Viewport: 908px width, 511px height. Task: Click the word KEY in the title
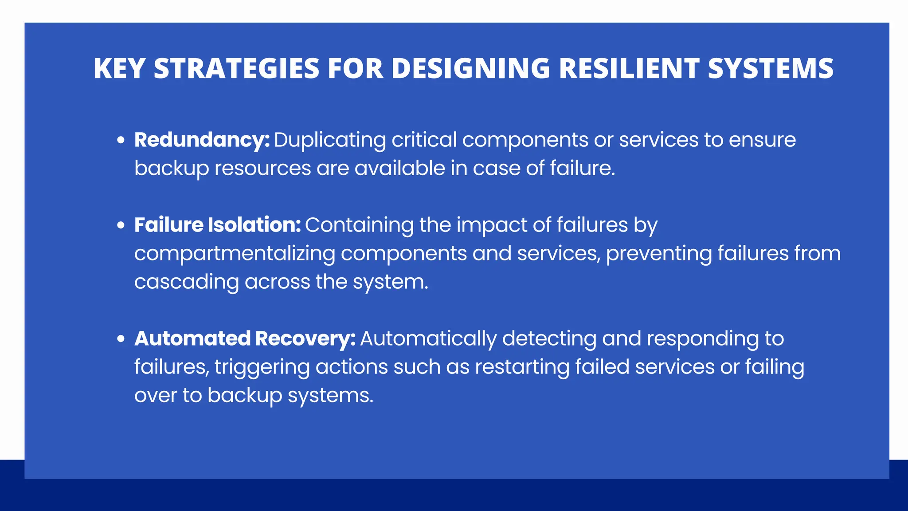coord(119,69)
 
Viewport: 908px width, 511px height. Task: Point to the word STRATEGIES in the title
coord(236,69)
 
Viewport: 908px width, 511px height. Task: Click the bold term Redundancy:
coord(202,140)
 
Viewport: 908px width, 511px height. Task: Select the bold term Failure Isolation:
coord(217,225)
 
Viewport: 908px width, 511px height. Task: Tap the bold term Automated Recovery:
coord(245,339)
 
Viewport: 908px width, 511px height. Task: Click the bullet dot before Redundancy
coord(121,141)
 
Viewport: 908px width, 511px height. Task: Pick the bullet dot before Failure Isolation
coord(121,226)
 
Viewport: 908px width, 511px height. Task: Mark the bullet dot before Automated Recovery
coord(121,339)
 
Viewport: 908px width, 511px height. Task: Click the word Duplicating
coord(330,141)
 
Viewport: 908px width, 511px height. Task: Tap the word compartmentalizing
coord(235,254)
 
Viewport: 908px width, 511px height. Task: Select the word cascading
coord(186,283)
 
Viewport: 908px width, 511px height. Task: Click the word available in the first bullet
coord(399,169)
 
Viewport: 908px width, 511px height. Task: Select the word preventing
coord(658,254)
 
